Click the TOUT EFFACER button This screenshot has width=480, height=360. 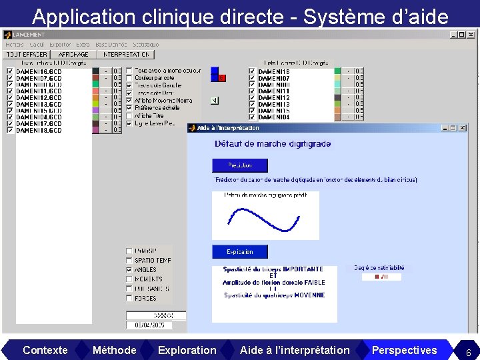coord(26,55)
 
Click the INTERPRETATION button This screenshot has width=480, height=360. coord(127,55)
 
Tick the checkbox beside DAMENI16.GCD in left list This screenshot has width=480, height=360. coord(9,71)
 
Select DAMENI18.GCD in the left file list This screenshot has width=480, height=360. coord(39,131)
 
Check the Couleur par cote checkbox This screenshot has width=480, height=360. coord(129,77)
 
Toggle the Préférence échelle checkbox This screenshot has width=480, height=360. coord(129,108)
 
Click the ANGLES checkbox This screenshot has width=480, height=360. coord(129,270)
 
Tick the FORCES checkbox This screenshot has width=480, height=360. coord(129,299)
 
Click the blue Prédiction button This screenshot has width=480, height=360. coord(240,165)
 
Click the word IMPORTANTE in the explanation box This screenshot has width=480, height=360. coord(303,269)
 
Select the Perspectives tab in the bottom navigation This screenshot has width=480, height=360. coord(404,350)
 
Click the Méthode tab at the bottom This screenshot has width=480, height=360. coord(114,350)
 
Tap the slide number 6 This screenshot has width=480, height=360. coord(468,353)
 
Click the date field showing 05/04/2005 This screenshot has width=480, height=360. coord(149,325)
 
